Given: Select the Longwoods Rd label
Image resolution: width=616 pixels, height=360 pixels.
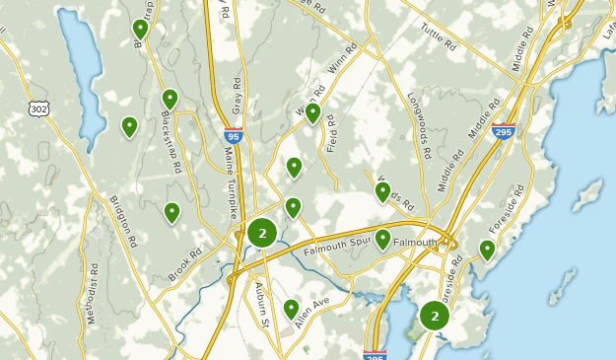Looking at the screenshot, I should pos(419,125).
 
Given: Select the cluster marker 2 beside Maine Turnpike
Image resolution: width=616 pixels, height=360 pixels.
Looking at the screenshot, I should pos(262,234).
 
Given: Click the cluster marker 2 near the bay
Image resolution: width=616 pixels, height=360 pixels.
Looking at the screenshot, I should pos(435,316).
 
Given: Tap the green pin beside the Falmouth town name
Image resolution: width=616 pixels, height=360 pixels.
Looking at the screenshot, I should pos(382,239).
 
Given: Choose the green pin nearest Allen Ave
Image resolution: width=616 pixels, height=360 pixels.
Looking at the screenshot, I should pos(292,309).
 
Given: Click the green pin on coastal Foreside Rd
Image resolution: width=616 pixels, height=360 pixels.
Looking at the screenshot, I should pos(487,249).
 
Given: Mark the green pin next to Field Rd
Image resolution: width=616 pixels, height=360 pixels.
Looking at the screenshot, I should pos(313,112).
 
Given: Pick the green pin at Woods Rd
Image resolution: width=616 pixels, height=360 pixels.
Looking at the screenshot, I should pos(382,190).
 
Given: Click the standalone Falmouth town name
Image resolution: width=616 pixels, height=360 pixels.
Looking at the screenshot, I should pos(415,242).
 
